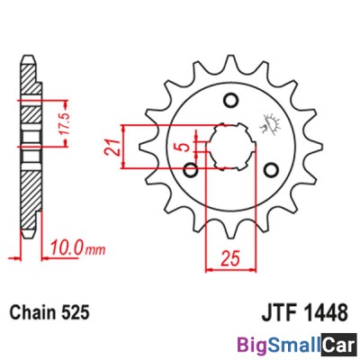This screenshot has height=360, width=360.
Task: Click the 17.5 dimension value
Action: pos(66,123)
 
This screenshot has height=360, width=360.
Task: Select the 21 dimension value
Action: pos(112,148)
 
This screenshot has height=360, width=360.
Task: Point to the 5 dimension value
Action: pos(185,147)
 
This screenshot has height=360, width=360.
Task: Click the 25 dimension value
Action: pos(230,259)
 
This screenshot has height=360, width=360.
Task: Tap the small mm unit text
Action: pos(94,249)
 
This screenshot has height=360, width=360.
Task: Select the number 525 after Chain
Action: pos(75,312)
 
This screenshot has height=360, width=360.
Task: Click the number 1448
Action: pos(327,312)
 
